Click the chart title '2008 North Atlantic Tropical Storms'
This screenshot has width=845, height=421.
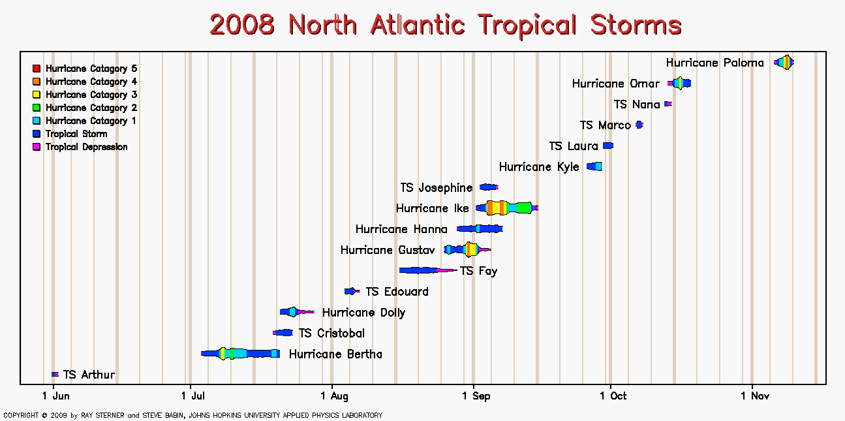pos(446,25)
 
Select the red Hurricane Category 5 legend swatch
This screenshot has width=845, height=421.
pos(37,69)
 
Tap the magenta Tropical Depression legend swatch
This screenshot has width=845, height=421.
pos(37,147)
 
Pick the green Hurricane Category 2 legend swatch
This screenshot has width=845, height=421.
pos(37,108)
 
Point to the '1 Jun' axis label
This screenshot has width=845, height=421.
pos(56,396)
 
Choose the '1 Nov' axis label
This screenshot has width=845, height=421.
pos(755,396)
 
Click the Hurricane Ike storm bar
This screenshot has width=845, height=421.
pos(507,208)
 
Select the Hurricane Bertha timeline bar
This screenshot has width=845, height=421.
pos(240,354)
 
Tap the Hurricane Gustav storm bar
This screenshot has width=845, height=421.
pos(467,249)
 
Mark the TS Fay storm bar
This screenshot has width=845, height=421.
pos(428,270)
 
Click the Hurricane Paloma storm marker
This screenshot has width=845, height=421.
pos(784,62)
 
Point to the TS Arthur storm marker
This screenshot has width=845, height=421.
pos(55,374)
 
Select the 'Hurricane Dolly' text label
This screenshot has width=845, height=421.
pos(363,313)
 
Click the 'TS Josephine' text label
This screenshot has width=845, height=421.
pos(436,188)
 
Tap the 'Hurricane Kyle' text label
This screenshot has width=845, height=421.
pos(539,167)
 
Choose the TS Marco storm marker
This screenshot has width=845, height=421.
pos(639,125)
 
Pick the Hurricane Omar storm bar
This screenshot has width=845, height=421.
pos(679,83)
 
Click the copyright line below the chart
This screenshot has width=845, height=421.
pos(192,415)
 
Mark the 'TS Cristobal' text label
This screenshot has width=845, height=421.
pos(331,334)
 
